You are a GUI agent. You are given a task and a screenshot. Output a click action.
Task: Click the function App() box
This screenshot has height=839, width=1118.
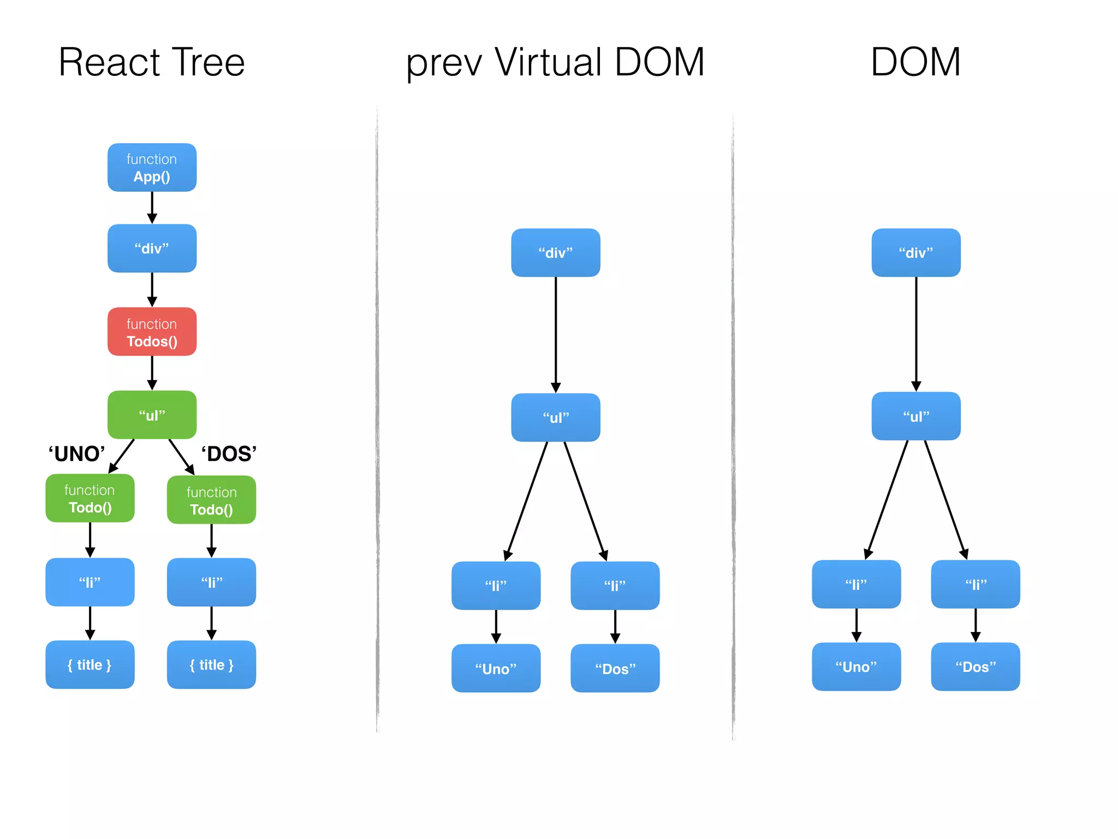pos(152,168)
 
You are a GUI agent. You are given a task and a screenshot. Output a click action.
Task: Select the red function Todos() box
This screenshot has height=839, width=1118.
pos(152,332)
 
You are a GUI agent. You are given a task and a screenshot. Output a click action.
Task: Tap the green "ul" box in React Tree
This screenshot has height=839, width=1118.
pos(152,415)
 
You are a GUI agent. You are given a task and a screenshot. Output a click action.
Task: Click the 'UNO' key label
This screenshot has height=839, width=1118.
pos(76,454)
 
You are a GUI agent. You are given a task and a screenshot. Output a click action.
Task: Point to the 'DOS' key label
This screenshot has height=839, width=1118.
pos(229,454)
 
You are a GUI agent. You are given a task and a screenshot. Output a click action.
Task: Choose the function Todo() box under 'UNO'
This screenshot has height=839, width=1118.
pos(90,498)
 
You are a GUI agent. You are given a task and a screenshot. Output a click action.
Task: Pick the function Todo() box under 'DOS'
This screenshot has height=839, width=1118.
pos(211,500)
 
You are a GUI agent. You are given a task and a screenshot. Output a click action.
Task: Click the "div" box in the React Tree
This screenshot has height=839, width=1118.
pos(152,249)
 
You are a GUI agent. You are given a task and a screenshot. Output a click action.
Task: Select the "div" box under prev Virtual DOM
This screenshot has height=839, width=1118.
pos(555,253)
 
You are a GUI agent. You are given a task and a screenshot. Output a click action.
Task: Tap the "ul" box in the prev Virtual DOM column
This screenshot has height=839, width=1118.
pos(555,418)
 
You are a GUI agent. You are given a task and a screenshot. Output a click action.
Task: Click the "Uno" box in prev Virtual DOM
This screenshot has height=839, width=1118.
pos(496,669)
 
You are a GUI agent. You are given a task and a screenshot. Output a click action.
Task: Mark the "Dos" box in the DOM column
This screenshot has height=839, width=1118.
pos(975,667)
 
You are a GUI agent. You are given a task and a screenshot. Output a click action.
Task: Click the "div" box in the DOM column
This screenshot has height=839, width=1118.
pos(915,253)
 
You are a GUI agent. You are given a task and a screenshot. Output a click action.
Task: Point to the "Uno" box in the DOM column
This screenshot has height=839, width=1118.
pos(856,667)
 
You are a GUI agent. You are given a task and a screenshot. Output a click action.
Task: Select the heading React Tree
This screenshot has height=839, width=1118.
pos(152,62)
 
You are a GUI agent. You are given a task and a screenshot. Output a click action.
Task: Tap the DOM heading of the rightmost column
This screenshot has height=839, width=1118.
pos(915,62)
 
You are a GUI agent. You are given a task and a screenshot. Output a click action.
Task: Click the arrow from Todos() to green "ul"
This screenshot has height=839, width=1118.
pos(152,373)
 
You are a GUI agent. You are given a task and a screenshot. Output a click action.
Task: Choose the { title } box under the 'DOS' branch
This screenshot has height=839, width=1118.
pos(211,665)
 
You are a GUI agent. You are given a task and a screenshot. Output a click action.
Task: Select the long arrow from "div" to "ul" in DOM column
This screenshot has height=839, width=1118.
pos(916,333)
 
